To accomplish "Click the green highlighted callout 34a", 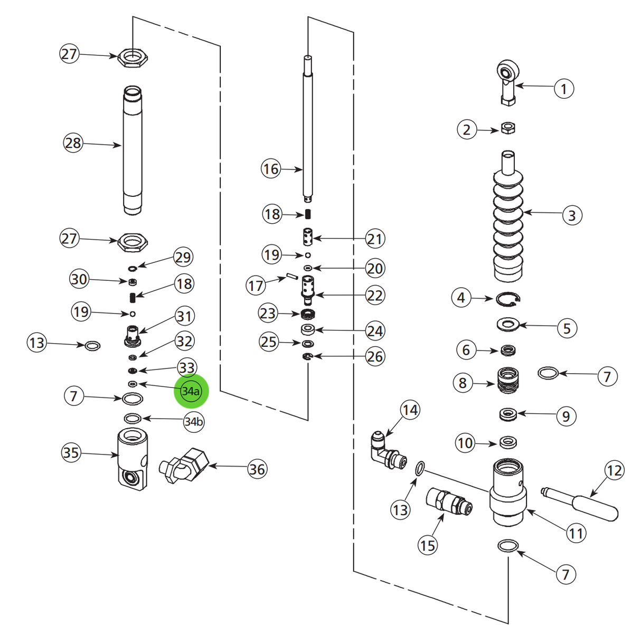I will (x=191, y=391).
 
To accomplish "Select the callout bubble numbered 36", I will (x=257, y=469).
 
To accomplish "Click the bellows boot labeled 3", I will (x=508, y=227).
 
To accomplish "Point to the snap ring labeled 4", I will (x=508, y=300).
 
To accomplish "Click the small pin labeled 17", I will (x=290, y=277).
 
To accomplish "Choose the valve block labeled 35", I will (x=132, y=457).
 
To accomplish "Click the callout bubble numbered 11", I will (x=576, y=533).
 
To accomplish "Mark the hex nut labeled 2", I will (x=508, y=128).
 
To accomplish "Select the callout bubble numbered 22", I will (x=374, y=295).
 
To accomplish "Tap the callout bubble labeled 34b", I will (x=193, y=422).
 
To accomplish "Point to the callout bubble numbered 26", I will (x=374, y=356).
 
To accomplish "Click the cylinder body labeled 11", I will (x=508, y=494).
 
